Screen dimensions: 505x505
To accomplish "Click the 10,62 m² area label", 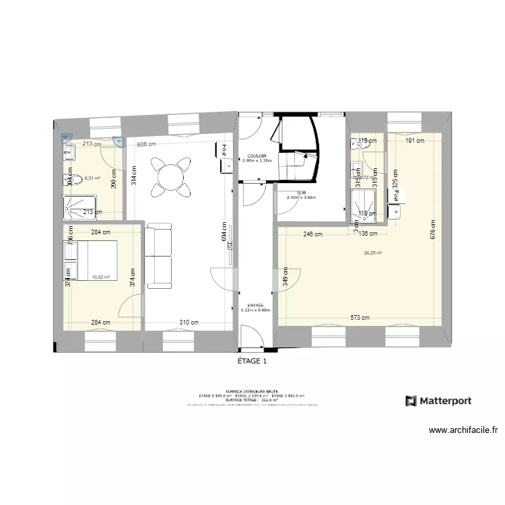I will click(100, 276).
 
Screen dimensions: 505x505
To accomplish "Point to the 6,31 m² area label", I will click(92, 178).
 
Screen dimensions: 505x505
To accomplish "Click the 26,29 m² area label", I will click(372, 253).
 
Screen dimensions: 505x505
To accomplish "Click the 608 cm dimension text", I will click(146, 143).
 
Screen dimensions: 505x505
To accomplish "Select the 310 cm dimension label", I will click(189, 323).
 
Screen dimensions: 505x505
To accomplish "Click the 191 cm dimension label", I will click(415, 141).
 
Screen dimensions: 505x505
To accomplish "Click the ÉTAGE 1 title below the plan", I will click(252, 361).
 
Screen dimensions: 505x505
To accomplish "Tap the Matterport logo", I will click(438, 401).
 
